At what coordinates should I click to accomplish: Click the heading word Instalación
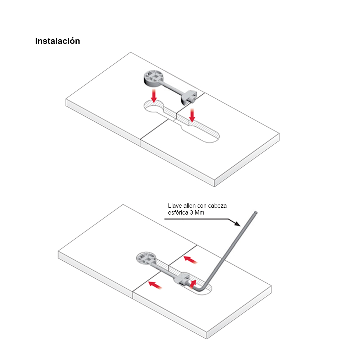57,41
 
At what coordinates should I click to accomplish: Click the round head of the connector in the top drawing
152,78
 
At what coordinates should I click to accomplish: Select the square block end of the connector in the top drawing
189,97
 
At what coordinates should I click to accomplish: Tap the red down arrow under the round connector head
154,96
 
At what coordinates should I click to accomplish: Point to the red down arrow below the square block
192,115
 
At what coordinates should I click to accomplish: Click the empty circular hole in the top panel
154,107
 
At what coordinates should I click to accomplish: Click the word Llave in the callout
175,206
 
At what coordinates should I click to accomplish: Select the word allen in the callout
189,206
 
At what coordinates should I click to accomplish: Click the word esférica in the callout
178,213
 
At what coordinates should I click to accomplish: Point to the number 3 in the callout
191,213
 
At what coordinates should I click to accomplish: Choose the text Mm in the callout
199,213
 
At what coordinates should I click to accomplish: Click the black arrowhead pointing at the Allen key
237,224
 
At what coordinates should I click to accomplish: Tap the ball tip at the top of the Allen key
256,213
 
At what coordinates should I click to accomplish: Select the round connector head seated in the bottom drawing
146,258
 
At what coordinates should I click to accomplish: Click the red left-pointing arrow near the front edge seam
155,285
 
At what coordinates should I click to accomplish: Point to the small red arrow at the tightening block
193,284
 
